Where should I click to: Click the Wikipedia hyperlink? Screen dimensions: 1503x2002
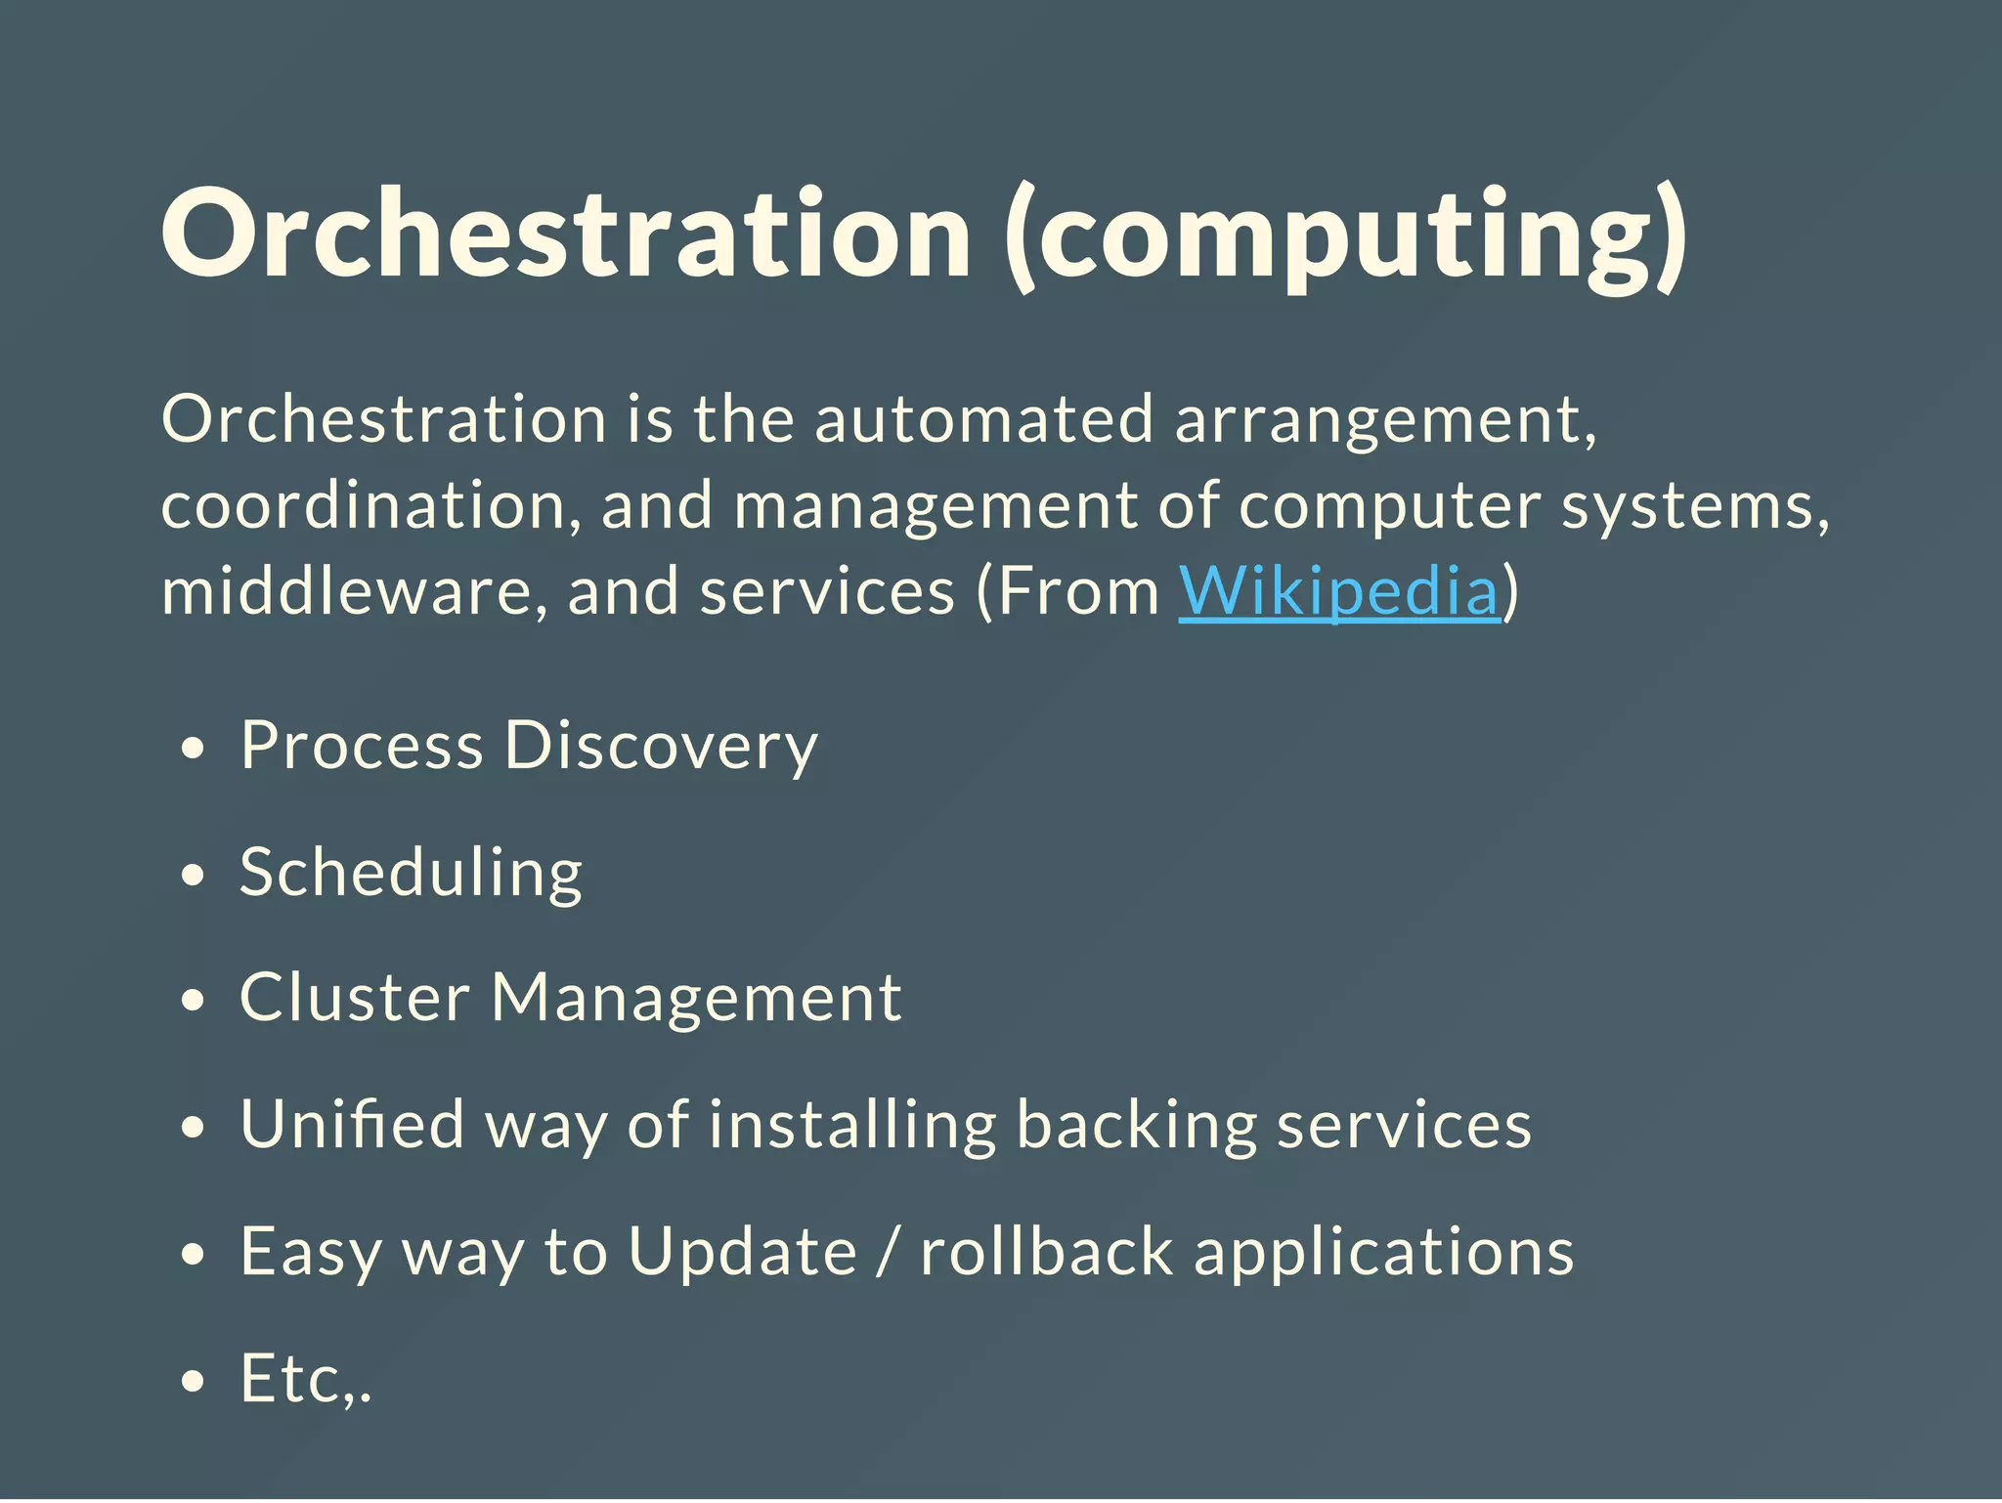[1337, 591]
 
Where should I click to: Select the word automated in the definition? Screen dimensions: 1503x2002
[983, 419]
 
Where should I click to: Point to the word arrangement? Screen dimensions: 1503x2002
[1385, 421]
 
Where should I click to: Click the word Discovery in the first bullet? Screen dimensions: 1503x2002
[661, 746]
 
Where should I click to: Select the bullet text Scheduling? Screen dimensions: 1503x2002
[411, 872]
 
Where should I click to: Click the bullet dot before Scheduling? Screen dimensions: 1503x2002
[194, 876]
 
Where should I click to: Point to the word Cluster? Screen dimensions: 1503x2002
[354, 998]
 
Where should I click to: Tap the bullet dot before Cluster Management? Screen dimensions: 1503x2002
[194, 1002]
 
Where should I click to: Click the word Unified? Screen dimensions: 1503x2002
[352, 1124]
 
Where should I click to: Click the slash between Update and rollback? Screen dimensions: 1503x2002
[887, 1252]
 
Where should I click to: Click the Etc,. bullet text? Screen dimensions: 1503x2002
[305, 1378]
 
